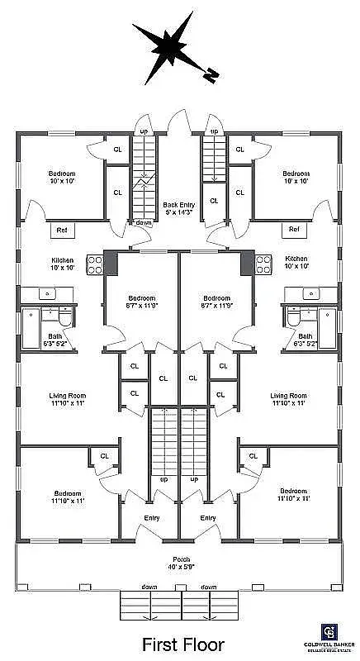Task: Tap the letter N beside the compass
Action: (212, 74)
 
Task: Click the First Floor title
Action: (179, 644)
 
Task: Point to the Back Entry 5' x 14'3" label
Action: (179, 207)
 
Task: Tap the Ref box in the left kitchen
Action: (62, 229)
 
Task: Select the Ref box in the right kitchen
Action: (295, 229)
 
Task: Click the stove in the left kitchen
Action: (95, 264)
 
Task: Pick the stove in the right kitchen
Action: (264, 264)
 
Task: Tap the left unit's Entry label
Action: (152, 518)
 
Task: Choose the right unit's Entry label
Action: (208, 518)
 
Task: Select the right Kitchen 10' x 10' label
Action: (296, 262)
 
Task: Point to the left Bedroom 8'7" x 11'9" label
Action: (142, 302)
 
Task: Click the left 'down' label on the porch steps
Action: (149, 587)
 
